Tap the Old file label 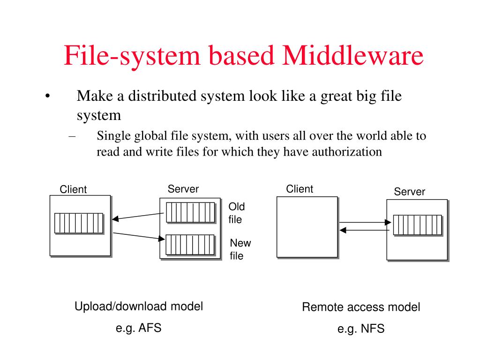(236, 213)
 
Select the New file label (240, 249)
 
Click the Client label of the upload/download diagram (73, 189)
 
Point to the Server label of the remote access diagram (409, 191)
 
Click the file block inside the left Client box (78, 223)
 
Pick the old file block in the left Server (190, 212)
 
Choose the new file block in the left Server (190, 244)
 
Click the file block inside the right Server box (417, 225)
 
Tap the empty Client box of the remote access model (307, 227)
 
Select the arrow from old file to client (138, 216)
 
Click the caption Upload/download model (139, 307)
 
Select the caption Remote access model (361, 307)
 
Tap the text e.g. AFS (139, 328)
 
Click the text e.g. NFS (361, 329)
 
